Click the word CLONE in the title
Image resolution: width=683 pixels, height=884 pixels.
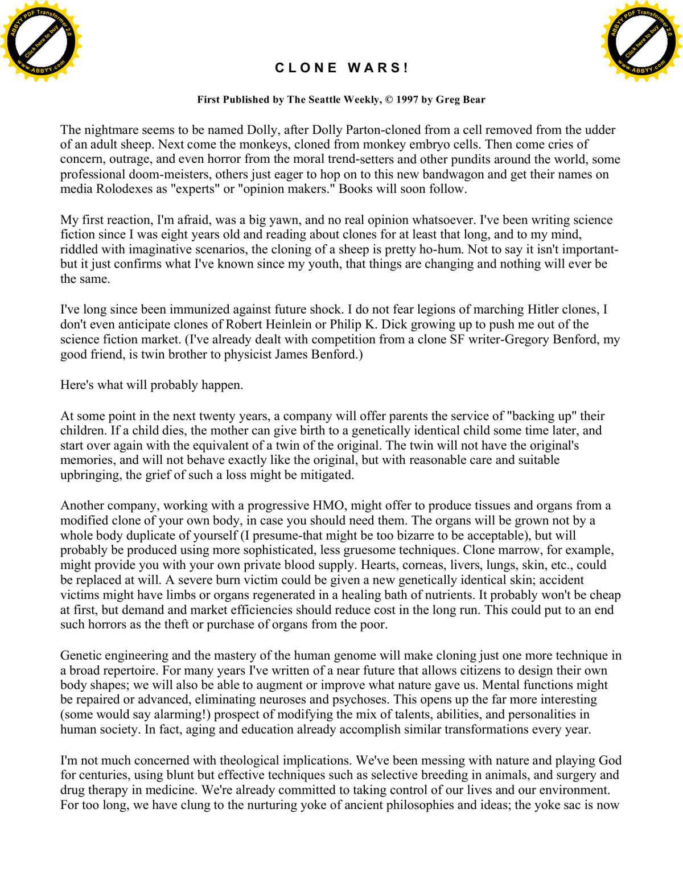click(306, 68)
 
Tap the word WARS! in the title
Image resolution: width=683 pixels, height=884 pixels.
click(378, 68)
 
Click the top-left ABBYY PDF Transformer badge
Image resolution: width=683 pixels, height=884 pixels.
click(41, 42)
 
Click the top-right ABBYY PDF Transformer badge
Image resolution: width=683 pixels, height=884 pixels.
click(641, 42)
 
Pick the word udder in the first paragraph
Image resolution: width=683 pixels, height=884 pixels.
click(599, 130)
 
